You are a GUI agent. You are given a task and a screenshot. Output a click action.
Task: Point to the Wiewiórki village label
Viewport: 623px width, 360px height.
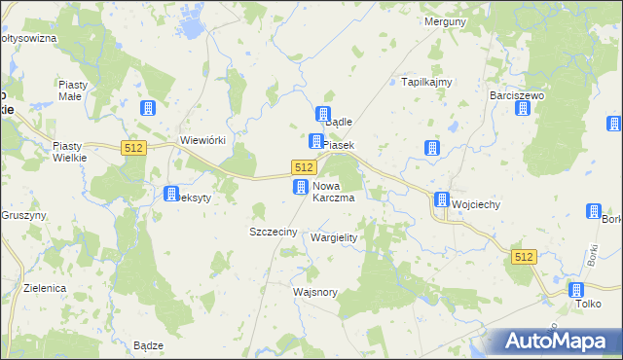tap(202, 140)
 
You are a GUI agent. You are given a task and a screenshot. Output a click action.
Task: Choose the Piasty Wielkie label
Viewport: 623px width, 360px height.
tap(70, 152)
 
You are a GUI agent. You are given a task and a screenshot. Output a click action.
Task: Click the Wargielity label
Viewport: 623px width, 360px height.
tap(334, 237)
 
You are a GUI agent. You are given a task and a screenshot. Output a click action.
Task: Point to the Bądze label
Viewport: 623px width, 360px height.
tap(148, 345)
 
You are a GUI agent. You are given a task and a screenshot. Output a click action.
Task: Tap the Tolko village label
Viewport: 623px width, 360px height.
tap(588, 303)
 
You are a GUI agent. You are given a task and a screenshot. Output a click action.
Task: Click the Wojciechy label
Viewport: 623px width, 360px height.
tap(476, 204)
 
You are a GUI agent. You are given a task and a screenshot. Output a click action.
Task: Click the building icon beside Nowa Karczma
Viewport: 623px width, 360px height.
tap(302, 186)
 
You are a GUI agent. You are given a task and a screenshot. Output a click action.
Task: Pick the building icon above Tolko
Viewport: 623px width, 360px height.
tap(575, 289)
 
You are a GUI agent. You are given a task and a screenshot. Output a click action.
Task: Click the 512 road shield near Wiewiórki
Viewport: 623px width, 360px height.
tap(134, 147)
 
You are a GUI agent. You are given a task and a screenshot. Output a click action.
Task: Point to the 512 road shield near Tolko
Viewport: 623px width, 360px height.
tap(524, 256)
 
